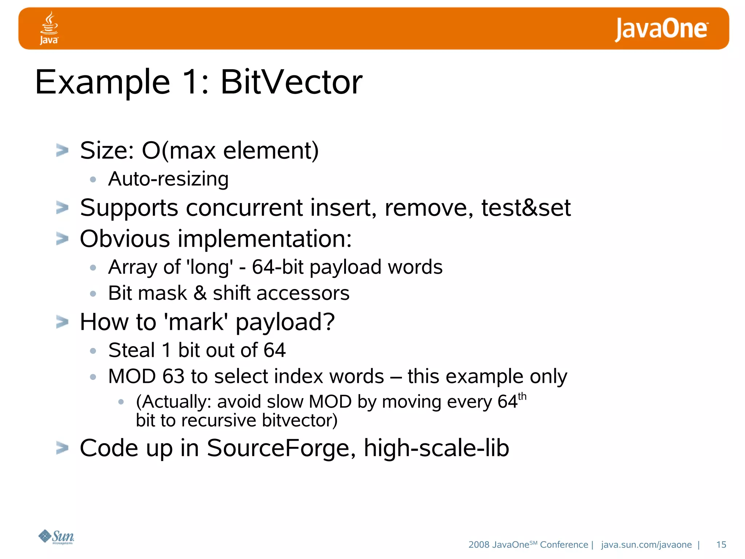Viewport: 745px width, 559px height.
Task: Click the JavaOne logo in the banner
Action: click(x=661, y=29)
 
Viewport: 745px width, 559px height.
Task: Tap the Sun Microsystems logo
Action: click(x=56, y=536)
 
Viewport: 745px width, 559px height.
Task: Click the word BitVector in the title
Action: click(x=291, y=82)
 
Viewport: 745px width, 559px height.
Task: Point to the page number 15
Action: click(x=721, y=544)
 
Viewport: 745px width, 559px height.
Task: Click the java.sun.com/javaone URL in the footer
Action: click(x=646, y=544)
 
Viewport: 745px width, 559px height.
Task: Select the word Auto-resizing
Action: click(x=168, y=179)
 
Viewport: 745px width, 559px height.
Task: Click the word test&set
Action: click(x=526, y=208)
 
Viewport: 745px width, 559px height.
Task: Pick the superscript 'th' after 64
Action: click(x=522, y=396)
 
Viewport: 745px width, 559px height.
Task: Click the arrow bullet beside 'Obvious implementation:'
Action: click(x=62, y=239)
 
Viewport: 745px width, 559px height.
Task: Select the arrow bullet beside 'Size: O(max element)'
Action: click(x=62, y=150)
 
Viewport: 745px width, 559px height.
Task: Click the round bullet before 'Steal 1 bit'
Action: click(x=93, y=351)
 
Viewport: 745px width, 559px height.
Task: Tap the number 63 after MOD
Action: click(x=173, y=376)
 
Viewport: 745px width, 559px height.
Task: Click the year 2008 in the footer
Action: click(x=479, y=544)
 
